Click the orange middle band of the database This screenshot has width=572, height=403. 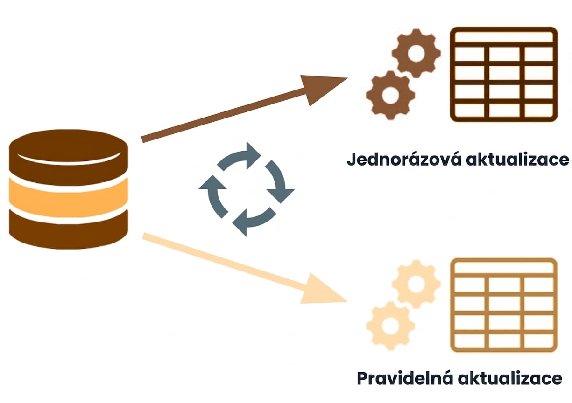pyautogui.click(x=69, y=198)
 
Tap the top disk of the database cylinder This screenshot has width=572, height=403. pyautogui.click(x=69, y=157)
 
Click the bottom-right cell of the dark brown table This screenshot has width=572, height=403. pyautogui.click(x=539, y=111)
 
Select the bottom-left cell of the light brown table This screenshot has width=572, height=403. pyautogui.click(x=469, y=341)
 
